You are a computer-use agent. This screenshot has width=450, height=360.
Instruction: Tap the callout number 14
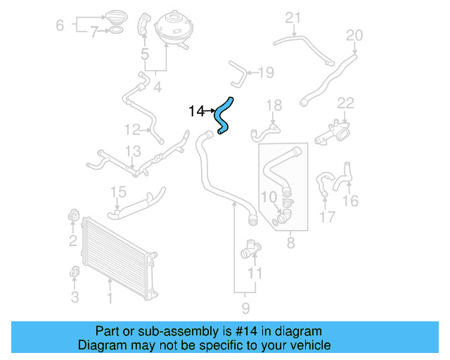point(196,111)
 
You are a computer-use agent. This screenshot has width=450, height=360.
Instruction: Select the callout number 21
point(292,18)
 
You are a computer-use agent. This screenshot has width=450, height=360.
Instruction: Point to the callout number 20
point(354,35)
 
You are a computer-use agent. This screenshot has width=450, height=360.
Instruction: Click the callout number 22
point(345,103)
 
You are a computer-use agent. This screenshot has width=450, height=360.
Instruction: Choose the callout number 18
point(274,105)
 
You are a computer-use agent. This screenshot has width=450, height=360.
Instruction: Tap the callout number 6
point(60,25)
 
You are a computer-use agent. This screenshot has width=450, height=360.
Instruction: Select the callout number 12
point(132,129)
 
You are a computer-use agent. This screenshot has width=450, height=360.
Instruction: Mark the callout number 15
point(118,192)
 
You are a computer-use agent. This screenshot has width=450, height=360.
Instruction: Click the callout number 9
point(245,308)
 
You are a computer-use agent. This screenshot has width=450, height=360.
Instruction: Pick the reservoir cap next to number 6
point(112,16)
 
